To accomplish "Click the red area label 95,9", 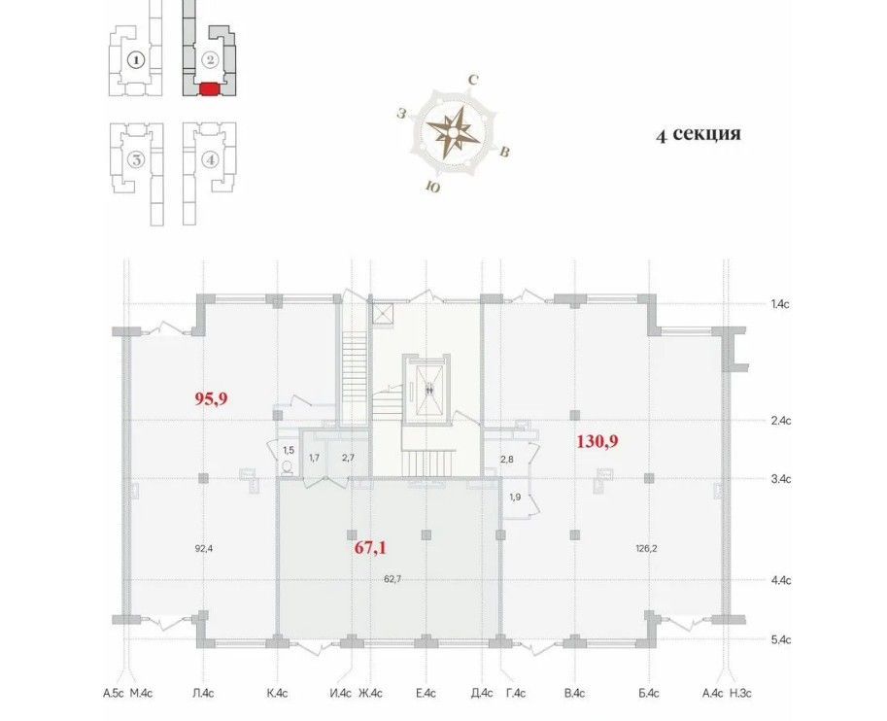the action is click(x=211, y=399).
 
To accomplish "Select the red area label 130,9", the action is click(x=597, y=441).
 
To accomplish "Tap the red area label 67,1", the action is click(x=370, y=548).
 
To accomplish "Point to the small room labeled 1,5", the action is click(x=288, y=451).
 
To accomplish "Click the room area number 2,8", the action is click(x=506, y=459).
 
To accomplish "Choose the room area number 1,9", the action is click(x=515, y=498).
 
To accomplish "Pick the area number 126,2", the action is click(x=647, y=548).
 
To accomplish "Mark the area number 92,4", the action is click(x=205, y=548).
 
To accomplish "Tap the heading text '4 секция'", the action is click(x=699, y=134).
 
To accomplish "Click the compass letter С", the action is click(x=473, y=81).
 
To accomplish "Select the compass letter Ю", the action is click(x=432, y=188).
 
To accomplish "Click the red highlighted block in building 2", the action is click(x=209, y=89).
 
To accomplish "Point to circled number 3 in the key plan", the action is click(x=136, y=160).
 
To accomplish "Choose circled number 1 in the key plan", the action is click(x=136, y=59).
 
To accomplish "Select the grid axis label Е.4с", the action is click(x=426, y=693).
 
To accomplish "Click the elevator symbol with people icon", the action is click(x=429, y=388).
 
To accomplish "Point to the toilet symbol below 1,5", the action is click(x=288, y=467).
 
